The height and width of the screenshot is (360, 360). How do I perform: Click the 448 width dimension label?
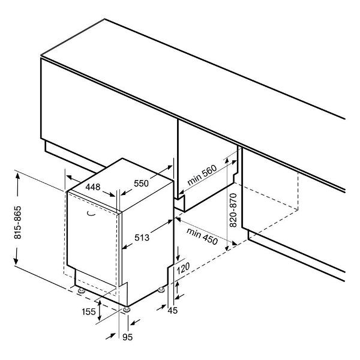coord(93,187)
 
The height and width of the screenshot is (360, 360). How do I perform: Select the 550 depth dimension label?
coord(141,183)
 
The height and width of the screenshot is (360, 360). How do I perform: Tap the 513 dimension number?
coord(142,238)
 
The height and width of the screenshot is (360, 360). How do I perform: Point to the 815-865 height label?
coord(17,223)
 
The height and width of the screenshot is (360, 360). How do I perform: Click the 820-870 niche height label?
coord(233,210)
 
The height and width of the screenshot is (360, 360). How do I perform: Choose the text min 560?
coord(202,175)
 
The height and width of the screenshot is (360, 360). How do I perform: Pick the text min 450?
coord(202,236)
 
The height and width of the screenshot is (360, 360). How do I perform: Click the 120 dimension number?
coord(183,268)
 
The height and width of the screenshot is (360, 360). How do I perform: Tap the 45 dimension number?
coord(173,310)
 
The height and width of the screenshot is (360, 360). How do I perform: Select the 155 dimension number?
coord(89,311)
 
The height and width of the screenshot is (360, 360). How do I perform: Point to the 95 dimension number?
coord(127,337)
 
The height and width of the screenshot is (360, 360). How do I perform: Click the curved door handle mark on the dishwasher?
coord(91,214)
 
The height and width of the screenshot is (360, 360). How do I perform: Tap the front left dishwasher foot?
coord(81,290)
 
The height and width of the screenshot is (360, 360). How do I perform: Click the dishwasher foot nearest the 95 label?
coord(127,309)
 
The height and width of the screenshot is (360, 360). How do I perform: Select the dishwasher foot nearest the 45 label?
coord(161,290)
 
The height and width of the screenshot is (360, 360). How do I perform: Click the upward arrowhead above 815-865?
coord(17,178)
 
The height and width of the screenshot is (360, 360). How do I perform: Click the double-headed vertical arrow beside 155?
coord(100,310)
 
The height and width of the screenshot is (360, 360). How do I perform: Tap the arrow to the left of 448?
coord(73,178)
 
